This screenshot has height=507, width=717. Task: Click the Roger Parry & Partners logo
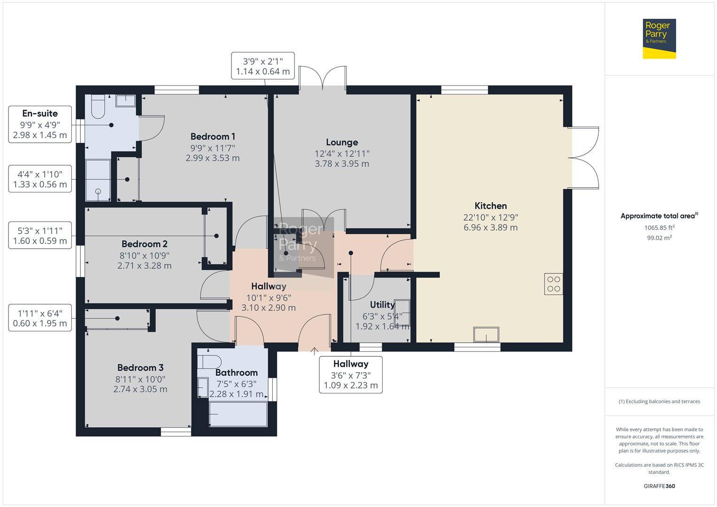pos(659,38)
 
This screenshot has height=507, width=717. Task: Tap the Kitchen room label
pos(490,206)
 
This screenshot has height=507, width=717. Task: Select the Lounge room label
pos(342,142)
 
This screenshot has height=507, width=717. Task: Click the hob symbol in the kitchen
pos(554,284)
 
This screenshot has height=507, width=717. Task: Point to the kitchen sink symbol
pos(486,335)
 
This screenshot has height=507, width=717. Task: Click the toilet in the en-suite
pos(98,107)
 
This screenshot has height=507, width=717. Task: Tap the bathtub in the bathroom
pos(238,414)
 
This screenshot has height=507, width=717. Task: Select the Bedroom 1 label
pos(213,137)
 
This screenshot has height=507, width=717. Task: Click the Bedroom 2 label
pos(144,244)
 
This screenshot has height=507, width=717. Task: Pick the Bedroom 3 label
pos(140,368)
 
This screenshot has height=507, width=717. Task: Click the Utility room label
pos(382,305)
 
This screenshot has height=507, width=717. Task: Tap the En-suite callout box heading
pos(40,114)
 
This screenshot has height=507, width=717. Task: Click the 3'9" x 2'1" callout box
pos(263,66)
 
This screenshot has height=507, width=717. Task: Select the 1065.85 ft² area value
pos(659,228)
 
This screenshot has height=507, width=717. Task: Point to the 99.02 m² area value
pos(659,238)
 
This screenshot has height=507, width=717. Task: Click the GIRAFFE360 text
pos(659,486)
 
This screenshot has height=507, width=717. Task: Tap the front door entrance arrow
pos(314,350)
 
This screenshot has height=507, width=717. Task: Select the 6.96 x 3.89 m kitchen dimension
pos(490,228)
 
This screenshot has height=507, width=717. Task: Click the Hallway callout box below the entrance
pos(351,375)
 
